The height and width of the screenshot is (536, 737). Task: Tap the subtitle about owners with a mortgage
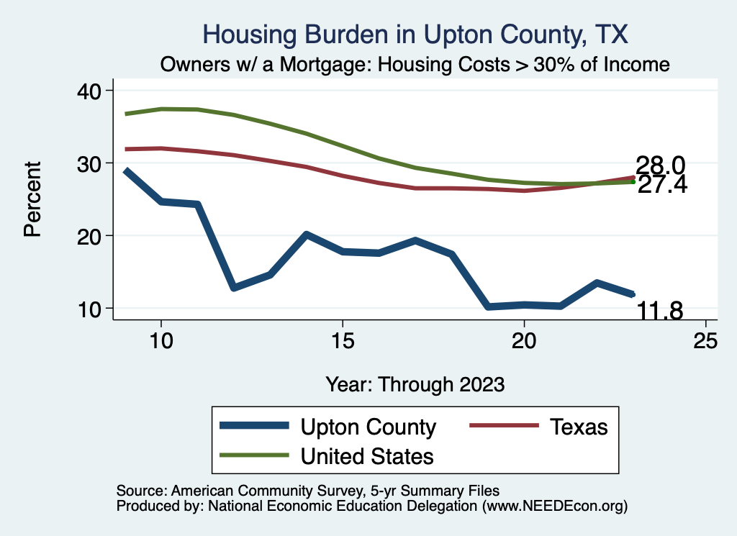click(x=415, y=65)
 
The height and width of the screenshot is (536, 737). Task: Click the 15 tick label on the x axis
click(x=343, y=340)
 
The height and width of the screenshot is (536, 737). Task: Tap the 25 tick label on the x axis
click(x=706, y=340)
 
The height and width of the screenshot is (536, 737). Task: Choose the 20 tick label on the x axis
click(x=524, y=340)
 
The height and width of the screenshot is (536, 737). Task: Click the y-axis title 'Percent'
click(x=32, y=199)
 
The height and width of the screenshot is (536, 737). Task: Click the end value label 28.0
click(x=659, y=166)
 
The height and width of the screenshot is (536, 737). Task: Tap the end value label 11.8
click(x=659, y=311)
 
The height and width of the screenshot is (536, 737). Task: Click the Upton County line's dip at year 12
click(x=233, y=288)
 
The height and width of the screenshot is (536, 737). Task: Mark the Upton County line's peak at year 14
click(x=306, y=235)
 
